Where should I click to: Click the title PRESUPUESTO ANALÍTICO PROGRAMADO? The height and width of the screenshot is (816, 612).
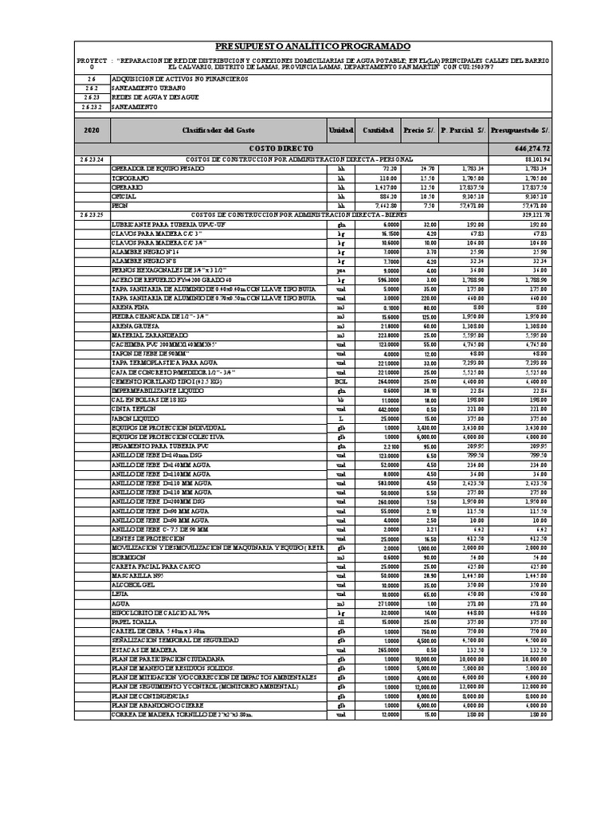[312, 47]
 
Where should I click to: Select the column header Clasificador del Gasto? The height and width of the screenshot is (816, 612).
[218, 130]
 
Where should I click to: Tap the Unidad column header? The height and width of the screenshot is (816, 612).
[340, 130]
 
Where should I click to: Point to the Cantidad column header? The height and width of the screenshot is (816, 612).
[378, 130]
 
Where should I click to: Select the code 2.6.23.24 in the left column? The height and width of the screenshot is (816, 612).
[92, 159]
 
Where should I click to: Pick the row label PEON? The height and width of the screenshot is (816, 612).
[120, 205]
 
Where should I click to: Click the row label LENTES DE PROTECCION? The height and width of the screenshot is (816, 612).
[146, 538]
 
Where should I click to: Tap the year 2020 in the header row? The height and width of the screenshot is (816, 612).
[92, 130]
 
